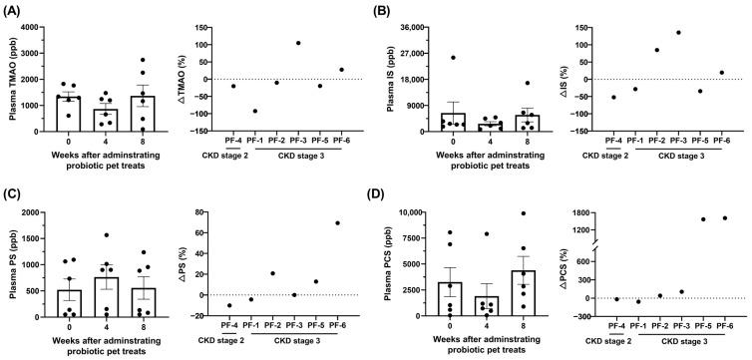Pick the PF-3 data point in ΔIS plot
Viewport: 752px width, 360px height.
point(678,32)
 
